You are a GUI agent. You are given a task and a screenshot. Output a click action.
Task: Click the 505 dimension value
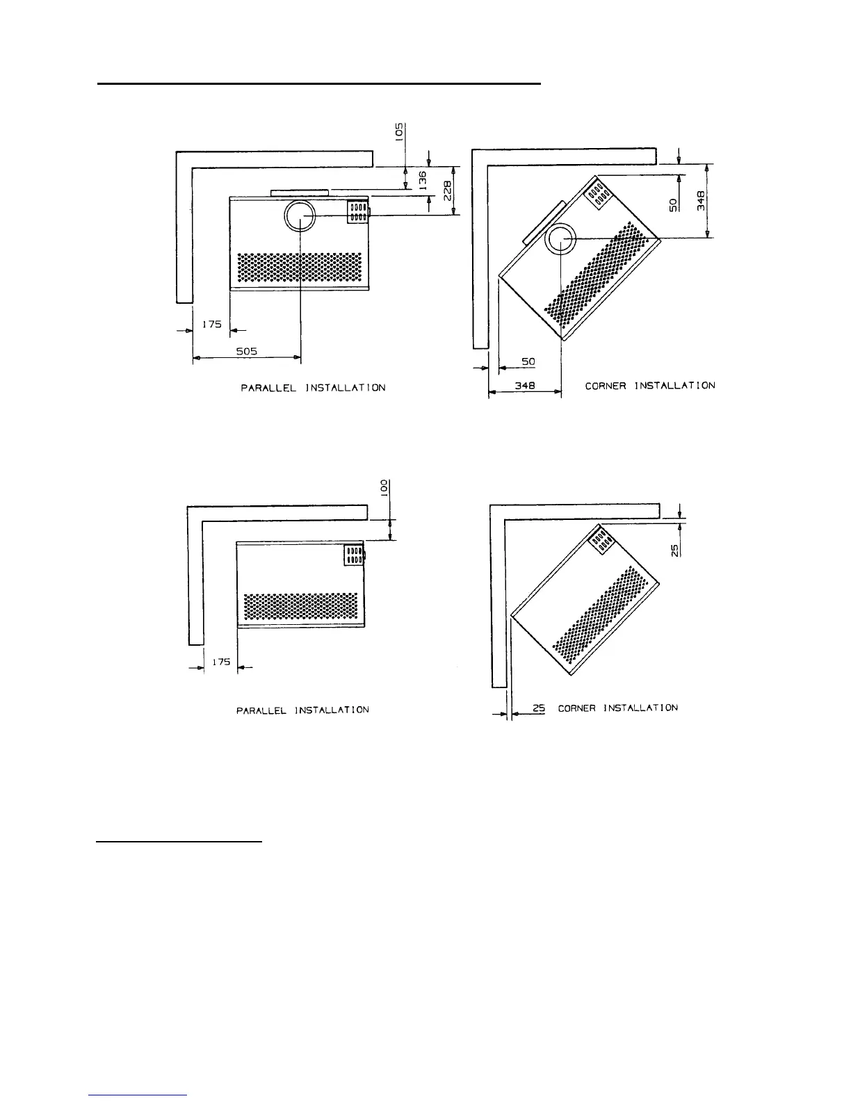click(246, 352)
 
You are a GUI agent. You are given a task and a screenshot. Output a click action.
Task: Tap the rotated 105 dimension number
click(399, 132)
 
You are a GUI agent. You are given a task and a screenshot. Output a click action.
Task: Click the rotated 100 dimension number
click(384, 488)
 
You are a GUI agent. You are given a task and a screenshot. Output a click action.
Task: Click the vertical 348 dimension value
click(702, 201)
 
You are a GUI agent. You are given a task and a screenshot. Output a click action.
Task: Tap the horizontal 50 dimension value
click(529, 362)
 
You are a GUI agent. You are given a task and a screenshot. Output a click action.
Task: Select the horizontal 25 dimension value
click(538, 708)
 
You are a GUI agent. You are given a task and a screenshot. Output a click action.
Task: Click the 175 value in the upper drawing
click(211, 324)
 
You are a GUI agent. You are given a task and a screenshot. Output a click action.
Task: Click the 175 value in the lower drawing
click(221, 662)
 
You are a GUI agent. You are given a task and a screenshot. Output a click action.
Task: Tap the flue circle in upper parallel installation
click(300, 218)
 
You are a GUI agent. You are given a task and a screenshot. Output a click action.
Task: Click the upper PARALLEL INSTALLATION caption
click(313, 388)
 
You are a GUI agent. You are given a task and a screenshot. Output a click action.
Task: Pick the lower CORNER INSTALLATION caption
click(617, 708)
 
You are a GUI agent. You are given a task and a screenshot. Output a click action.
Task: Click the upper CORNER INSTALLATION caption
click(649, 385)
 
